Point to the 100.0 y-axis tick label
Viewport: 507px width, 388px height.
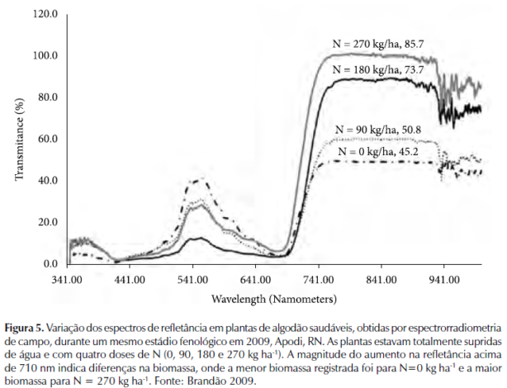(45, 56)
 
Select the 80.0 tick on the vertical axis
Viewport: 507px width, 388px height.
(47, 97)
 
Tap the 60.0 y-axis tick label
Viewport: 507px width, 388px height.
(47, 139)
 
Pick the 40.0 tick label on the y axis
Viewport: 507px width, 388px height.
(47, 181)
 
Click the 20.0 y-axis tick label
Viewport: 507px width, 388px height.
(47, 222)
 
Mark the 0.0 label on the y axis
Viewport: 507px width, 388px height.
(50, 263)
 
